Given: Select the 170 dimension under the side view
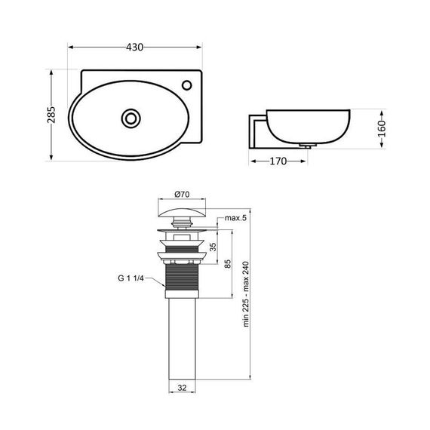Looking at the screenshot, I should (x=281, y=161).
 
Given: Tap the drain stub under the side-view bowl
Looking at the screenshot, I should (x=308, y=146).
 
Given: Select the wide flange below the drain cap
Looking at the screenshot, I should (x=180, y=230).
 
